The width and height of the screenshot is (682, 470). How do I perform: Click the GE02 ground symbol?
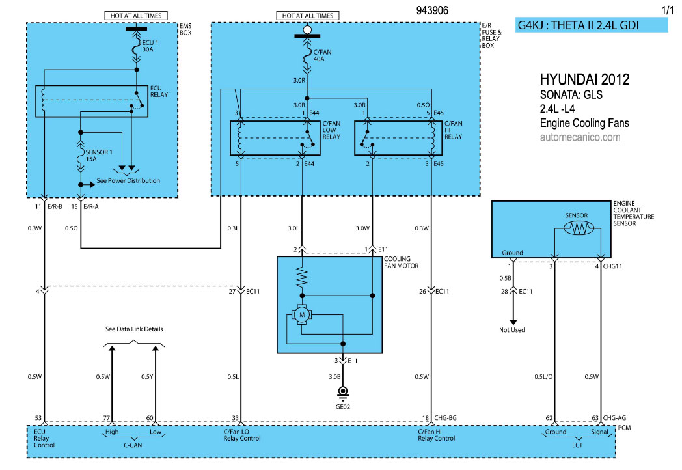[x=343, y=393]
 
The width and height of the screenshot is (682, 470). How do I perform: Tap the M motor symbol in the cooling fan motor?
[x=301, y=314]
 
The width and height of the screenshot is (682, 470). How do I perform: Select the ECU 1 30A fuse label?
[x=150, y=46]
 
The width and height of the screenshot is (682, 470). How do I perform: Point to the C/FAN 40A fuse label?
[x=322, y=55]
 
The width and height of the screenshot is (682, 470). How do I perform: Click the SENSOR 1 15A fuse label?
[x=99, y=156]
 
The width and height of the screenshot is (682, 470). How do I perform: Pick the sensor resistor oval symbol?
[x=579, y=228]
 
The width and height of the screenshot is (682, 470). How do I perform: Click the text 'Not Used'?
[x=512, y=330]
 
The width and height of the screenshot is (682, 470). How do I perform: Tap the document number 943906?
[x=432, y=10]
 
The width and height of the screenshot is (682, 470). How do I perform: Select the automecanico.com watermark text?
[x=580, y=137]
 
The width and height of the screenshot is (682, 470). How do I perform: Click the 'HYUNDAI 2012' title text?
[x=584, y=79]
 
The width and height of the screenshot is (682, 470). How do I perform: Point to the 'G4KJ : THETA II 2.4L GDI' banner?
[x=592, y=25]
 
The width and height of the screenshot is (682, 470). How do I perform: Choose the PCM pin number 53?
[x=38, y=418]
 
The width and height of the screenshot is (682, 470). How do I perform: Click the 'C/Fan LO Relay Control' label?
[x=242, y=435]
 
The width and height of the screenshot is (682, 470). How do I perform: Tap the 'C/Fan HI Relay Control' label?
[x=436, y=435]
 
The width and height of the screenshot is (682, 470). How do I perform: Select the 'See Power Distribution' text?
[x=128, y=180]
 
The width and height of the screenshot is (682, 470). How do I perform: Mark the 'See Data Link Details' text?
[x=134, y=329]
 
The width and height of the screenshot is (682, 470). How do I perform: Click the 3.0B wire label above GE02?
[x=334, y=376]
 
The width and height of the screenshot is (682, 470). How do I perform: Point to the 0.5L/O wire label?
[x=543, y=376]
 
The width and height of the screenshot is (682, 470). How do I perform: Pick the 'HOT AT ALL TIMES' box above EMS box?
[x=136, y=16]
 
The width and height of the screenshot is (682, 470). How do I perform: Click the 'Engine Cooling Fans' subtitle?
[x=584, y=123]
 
